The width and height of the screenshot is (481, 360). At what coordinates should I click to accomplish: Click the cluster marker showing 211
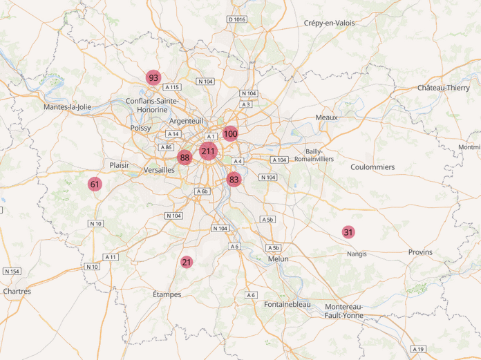point(209,151)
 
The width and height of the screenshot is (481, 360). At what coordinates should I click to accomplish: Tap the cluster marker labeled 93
point(153,78)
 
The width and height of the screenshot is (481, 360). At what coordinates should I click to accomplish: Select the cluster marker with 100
point(230,134)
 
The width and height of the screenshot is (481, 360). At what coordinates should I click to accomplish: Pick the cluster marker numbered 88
point(185,158)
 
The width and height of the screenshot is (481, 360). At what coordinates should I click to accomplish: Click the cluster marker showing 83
point(234,180)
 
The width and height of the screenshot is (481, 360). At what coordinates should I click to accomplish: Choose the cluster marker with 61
point(95,184)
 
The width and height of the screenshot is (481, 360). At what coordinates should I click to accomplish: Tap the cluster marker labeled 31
point(348,232)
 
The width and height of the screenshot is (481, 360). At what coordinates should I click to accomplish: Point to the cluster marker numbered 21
point(187,262)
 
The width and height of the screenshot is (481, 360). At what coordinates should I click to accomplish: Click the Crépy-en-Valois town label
point(329,23)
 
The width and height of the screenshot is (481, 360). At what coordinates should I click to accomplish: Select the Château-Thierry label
point(443,88)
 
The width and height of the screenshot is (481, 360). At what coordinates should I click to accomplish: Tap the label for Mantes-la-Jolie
point(67,107)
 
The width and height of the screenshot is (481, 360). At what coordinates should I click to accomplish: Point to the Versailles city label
point(159,170)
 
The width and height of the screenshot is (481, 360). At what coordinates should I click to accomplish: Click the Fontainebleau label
point(287,304)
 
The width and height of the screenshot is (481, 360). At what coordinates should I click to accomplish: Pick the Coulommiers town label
point(372,167)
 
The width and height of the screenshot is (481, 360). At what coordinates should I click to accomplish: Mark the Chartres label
point(17,292)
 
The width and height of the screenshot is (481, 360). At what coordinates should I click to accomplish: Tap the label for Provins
point(419,252)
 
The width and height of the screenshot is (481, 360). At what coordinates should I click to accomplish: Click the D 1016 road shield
point(236,19)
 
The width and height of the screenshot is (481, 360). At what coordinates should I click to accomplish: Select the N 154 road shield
point(12,271)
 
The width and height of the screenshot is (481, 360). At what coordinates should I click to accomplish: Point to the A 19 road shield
point(418,349)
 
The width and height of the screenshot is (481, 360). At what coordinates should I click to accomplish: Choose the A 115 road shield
point(172,87)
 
